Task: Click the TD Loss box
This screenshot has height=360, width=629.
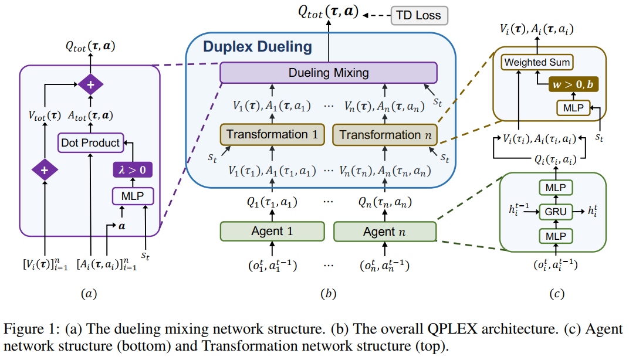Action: pos(419,15)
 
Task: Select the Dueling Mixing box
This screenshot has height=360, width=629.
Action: pos(329,73)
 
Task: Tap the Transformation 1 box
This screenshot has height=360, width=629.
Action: pos(272,134)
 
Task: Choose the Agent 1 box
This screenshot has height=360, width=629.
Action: pos(272,231)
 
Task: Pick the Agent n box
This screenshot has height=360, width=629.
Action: pos(384,231)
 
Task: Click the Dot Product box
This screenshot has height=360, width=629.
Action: pos(90,142)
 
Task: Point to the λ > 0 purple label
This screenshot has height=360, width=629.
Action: pos(128,171)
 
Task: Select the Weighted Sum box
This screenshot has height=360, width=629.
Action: pos(537,63)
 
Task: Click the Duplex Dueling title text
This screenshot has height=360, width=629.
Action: pos(258,47)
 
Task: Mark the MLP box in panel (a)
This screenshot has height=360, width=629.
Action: pos(128,194)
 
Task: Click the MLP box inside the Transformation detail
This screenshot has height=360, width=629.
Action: pos(571,108)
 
